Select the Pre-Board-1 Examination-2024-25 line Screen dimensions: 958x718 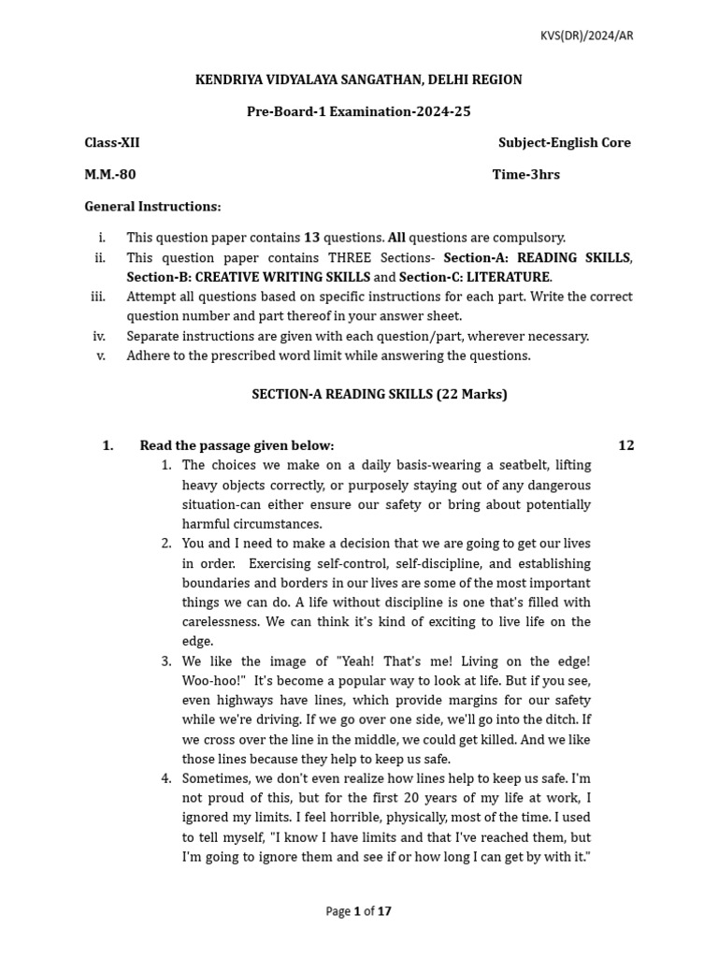point(358,111)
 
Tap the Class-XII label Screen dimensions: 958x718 point(112,143)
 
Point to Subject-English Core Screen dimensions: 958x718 point(564,143)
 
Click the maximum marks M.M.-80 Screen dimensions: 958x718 point(110,175)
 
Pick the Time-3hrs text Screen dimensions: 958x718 point(525,175)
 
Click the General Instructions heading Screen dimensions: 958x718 point(152,207)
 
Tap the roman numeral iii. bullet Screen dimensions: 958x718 point(98,297)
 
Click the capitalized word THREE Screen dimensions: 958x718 point(351,258)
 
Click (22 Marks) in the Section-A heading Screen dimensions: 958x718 point(472,395)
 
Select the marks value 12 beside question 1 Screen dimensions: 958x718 point(625,446)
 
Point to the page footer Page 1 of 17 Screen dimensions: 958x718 point(358,911)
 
